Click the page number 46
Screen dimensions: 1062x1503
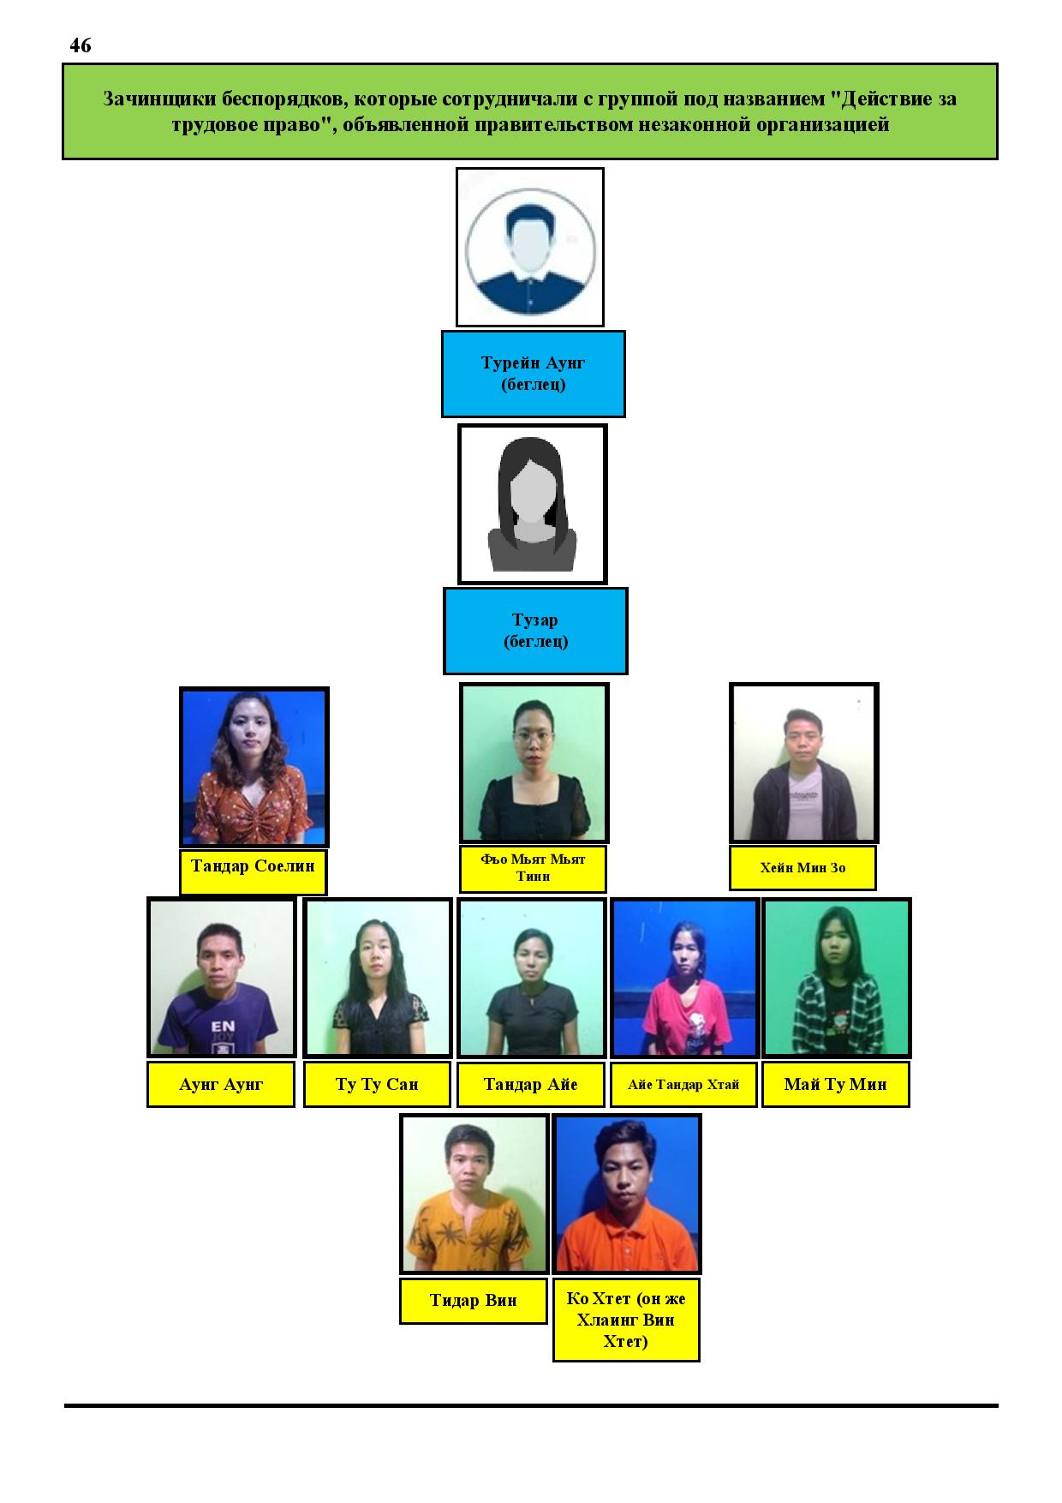click(x=81, y=45)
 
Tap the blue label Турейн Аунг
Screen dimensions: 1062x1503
click(x=533, y=374)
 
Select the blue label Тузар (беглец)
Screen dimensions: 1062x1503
click(x=535, y=631)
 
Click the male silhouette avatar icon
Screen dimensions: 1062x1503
click(x=529, y=247)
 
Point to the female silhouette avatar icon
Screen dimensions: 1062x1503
click(x=532, y=504)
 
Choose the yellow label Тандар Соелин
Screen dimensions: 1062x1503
click(x=253, y=872)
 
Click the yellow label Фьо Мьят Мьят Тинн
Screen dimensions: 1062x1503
click(x=533, y=869)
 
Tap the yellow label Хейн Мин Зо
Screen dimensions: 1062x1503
click(x=802, y=868)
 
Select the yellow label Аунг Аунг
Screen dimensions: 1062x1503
click(x=221, y=1085)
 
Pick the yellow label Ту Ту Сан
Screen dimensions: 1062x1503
click(x=377, y=1085)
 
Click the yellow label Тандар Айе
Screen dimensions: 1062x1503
click(x=531, y=1085)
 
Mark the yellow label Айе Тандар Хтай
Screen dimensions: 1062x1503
click(x=683, y=1085)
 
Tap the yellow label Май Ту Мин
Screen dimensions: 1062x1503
click(x=835, y=1085)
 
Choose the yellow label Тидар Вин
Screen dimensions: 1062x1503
click(x=473, y=1301)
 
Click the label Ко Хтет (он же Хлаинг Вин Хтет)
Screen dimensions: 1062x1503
click(x=626, y=1320)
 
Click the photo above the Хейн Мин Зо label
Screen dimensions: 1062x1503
click(x=803, y=763)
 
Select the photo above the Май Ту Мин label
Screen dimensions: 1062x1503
click(x=836, y=978)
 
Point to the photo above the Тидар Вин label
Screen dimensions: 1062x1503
click(x=474, y=1194)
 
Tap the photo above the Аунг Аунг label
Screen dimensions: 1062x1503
click(x=222, y=978)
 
